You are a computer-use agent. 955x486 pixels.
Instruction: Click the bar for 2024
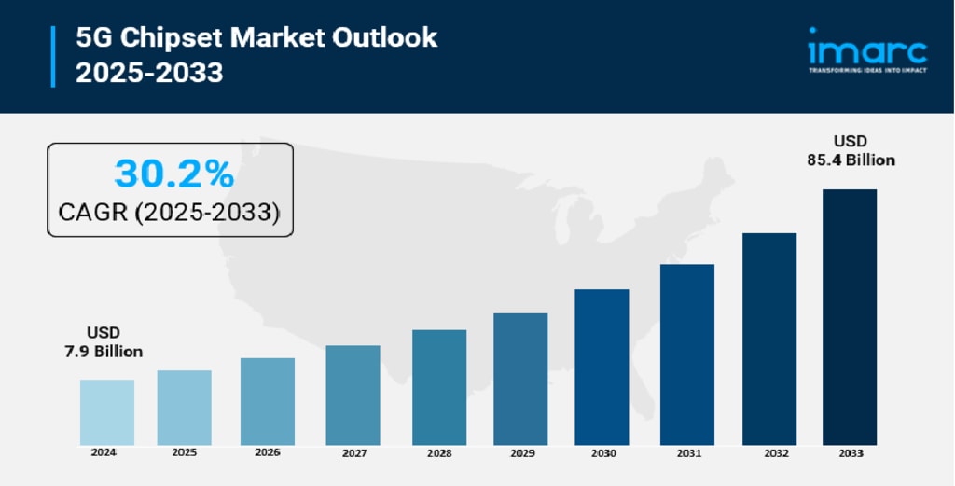[106, 411]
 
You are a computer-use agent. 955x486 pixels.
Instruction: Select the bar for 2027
[353, 395]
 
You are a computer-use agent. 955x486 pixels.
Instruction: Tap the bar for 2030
[602, 367]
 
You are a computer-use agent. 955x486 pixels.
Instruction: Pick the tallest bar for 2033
[849, 317]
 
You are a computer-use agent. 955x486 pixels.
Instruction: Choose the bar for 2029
[520, 379]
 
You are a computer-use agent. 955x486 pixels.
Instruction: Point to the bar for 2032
[768, 339]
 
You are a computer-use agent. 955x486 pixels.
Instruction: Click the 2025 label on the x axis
[185, 452]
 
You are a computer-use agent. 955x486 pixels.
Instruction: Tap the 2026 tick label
[267, 452]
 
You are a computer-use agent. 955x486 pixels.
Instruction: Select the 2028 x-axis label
[439, 452]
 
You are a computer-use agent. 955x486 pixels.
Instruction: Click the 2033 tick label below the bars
[850, 452]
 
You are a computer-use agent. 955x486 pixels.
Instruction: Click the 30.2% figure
[173, 174]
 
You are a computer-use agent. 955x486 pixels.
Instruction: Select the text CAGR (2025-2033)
[169, 213]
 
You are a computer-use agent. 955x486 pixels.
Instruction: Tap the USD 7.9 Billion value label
[103, 342]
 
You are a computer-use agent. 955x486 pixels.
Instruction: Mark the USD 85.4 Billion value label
[851, 150]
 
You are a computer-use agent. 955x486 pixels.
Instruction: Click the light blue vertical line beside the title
[53, 56]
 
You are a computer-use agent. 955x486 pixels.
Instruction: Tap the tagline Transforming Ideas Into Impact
[866, 71]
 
